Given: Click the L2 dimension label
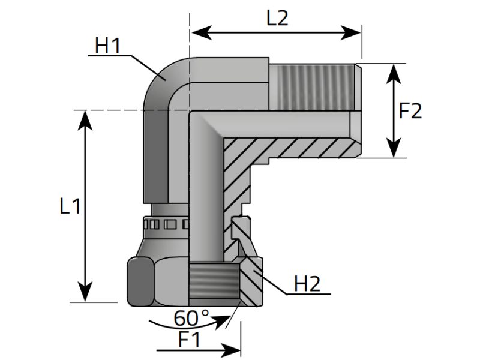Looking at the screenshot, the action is coord(277,19).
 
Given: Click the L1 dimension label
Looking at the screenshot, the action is coord(70,206).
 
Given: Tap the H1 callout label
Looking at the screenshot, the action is coord(107,46).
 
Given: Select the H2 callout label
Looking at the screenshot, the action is coord(307,284).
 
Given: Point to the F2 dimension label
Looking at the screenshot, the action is coord(410,111).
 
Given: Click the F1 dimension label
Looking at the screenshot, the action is coord(190,339).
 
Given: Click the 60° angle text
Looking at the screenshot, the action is coord(191,319).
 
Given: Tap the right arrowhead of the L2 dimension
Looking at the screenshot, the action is coord(351,32).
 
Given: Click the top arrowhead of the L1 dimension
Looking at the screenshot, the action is coord(85,121).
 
